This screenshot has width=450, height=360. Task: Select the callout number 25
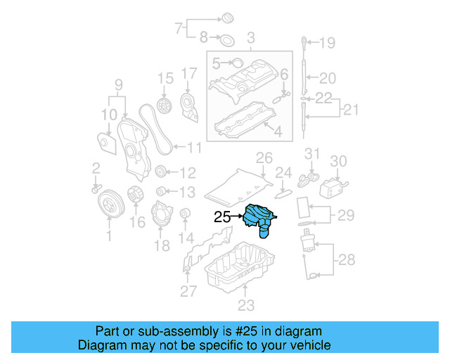[x=222, y=218]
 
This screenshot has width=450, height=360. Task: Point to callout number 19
[x=328, y=44]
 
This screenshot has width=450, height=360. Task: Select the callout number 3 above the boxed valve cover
[x=250, y=37]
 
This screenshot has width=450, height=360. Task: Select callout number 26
[x=263, y=157]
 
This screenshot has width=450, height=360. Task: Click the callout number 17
[x=189, y=74]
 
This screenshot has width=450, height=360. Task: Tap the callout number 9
[x=118, y=86]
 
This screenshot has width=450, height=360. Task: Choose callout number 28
[x=347, y=260]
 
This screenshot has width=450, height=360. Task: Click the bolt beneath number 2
[x=96, y=188]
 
